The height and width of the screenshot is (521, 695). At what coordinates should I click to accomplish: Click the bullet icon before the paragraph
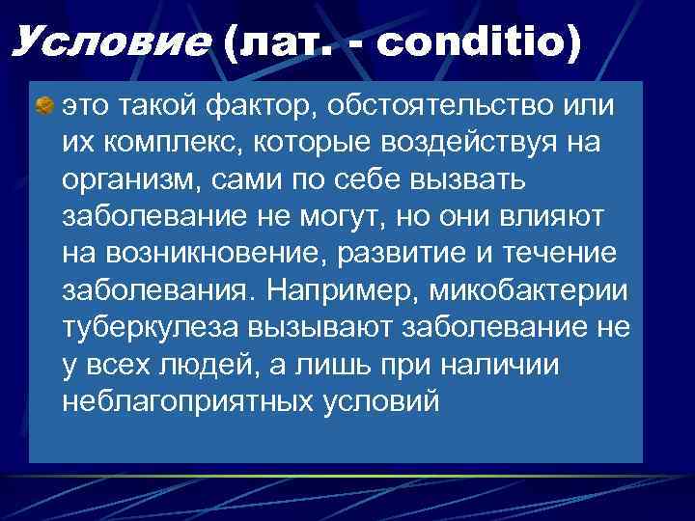[x=43, y=103]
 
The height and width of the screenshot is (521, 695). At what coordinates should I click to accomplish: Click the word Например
[x=334, y=289]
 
